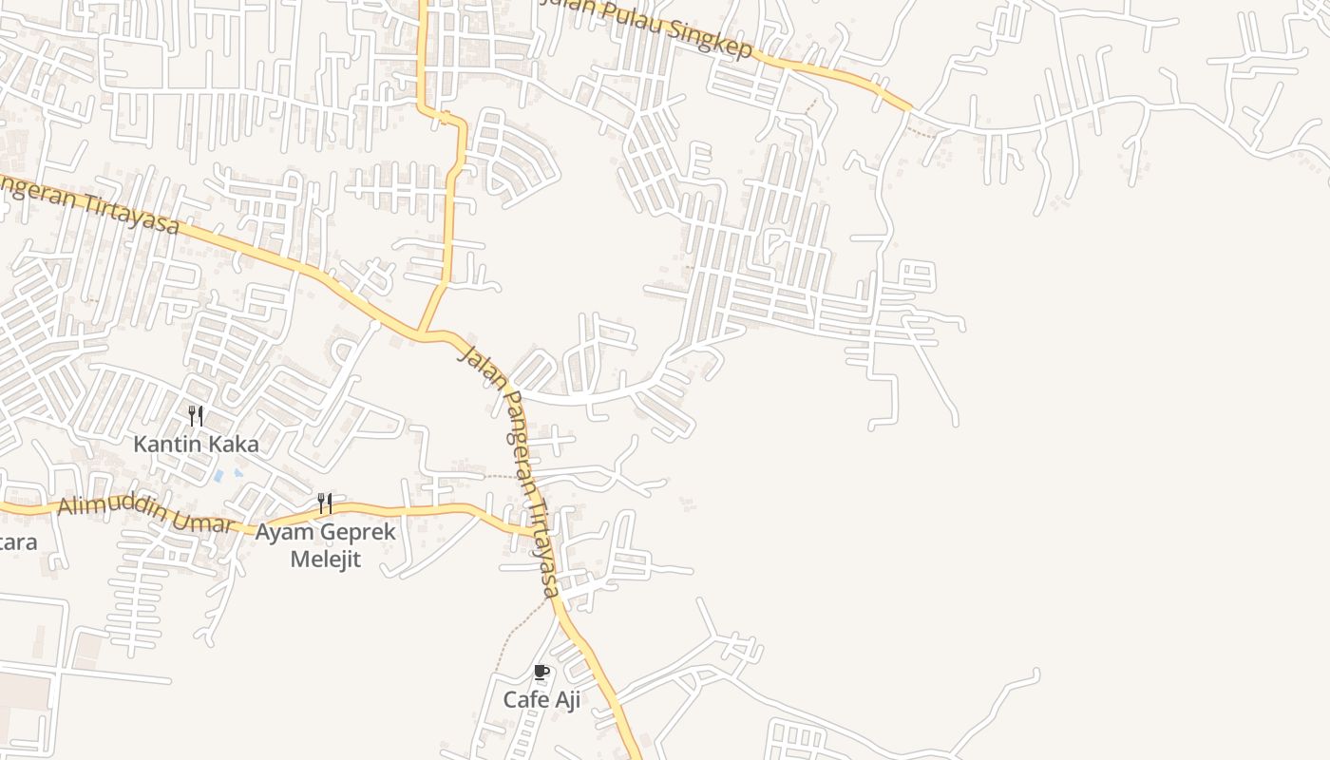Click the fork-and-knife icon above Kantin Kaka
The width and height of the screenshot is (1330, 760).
coord(195,415)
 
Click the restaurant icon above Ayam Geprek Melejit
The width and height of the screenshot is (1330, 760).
coord(325,503)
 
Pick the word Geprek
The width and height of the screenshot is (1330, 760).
coord(360,533)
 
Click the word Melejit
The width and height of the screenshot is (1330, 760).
coord(325,559)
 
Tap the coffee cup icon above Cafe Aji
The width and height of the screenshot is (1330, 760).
coord(541,673)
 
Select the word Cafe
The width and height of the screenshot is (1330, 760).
coord(525,700)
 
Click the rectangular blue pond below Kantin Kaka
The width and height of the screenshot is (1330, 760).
coord(218,474)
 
